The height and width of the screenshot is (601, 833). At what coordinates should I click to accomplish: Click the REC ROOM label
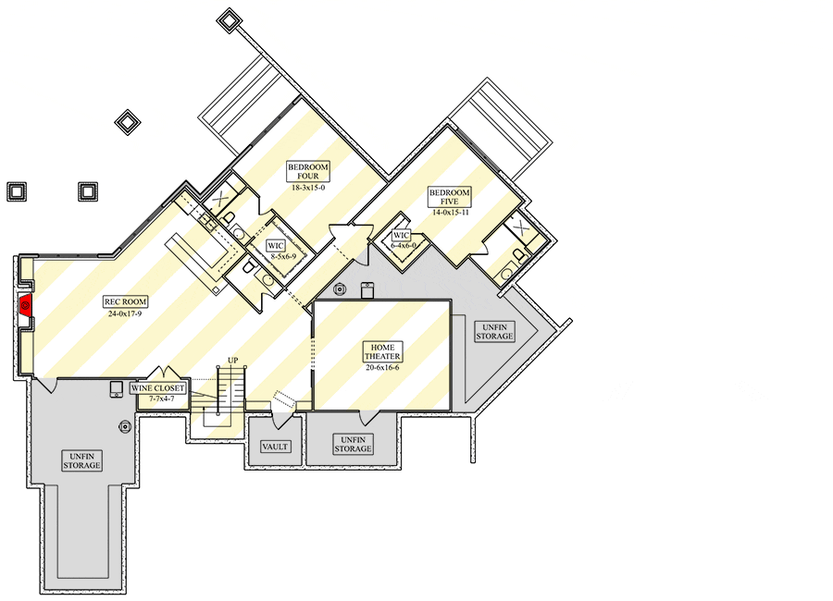pyautogui.click(x=125, y=302)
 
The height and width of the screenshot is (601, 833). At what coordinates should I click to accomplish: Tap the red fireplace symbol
pyautogui.click(x=25, y=304)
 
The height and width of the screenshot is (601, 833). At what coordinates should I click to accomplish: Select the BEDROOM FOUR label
pyautogui.click(x=308, y=171)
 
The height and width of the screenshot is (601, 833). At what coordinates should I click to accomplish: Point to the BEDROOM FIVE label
pyautogui.click(x=450, y=196)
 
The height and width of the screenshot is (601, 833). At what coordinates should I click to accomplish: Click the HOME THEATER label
pyautogui.click(x=382, y=351)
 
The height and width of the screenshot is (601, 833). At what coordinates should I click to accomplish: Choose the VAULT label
pyautogui.click(x=275, y=447)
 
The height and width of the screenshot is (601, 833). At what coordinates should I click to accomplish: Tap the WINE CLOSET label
pyautogui.click(x=157, y=388)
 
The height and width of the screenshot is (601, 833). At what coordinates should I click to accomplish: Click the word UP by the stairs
pyautogui.click(x=232, y=361)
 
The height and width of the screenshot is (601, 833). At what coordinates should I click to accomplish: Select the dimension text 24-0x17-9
pyautogui.click(x=125, y=313)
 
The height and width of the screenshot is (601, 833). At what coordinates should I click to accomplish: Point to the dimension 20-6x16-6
pyautogui.click(x=382, y=367)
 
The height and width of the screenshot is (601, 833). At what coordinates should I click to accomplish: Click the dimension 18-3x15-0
pyautogui.click(x=308, y=188)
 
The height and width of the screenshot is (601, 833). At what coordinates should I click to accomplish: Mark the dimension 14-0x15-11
pyautogui.click(x=451, y=213)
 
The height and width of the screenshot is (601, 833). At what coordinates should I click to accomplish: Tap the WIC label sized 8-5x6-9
pyautogui.click(x=275, y=246)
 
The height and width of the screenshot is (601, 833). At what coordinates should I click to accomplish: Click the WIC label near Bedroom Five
pyautogui.click(x=401, y=235)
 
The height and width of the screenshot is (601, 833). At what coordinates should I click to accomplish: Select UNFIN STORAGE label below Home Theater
pyautogui.click(x=353, y=444)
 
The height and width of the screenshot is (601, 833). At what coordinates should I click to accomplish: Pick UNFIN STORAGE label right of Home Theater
pyautogui.click(x=494, y=332)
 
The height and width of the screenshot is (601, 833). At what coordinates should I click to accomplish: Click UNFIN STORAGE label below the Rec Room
pyautogui.click(x=81, y=460)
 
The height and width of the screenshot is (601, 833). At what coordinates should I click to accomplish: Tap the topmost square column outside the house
pyautogui.click(x=230, y=20)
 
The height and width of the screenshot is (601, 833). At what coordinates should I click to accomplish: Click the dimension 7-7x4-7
pyautogui.click(x=161, y=399)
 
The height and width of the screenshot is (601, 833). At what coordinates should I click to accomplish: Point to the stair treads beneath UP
pyautogui.click(x=231, y=389)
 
